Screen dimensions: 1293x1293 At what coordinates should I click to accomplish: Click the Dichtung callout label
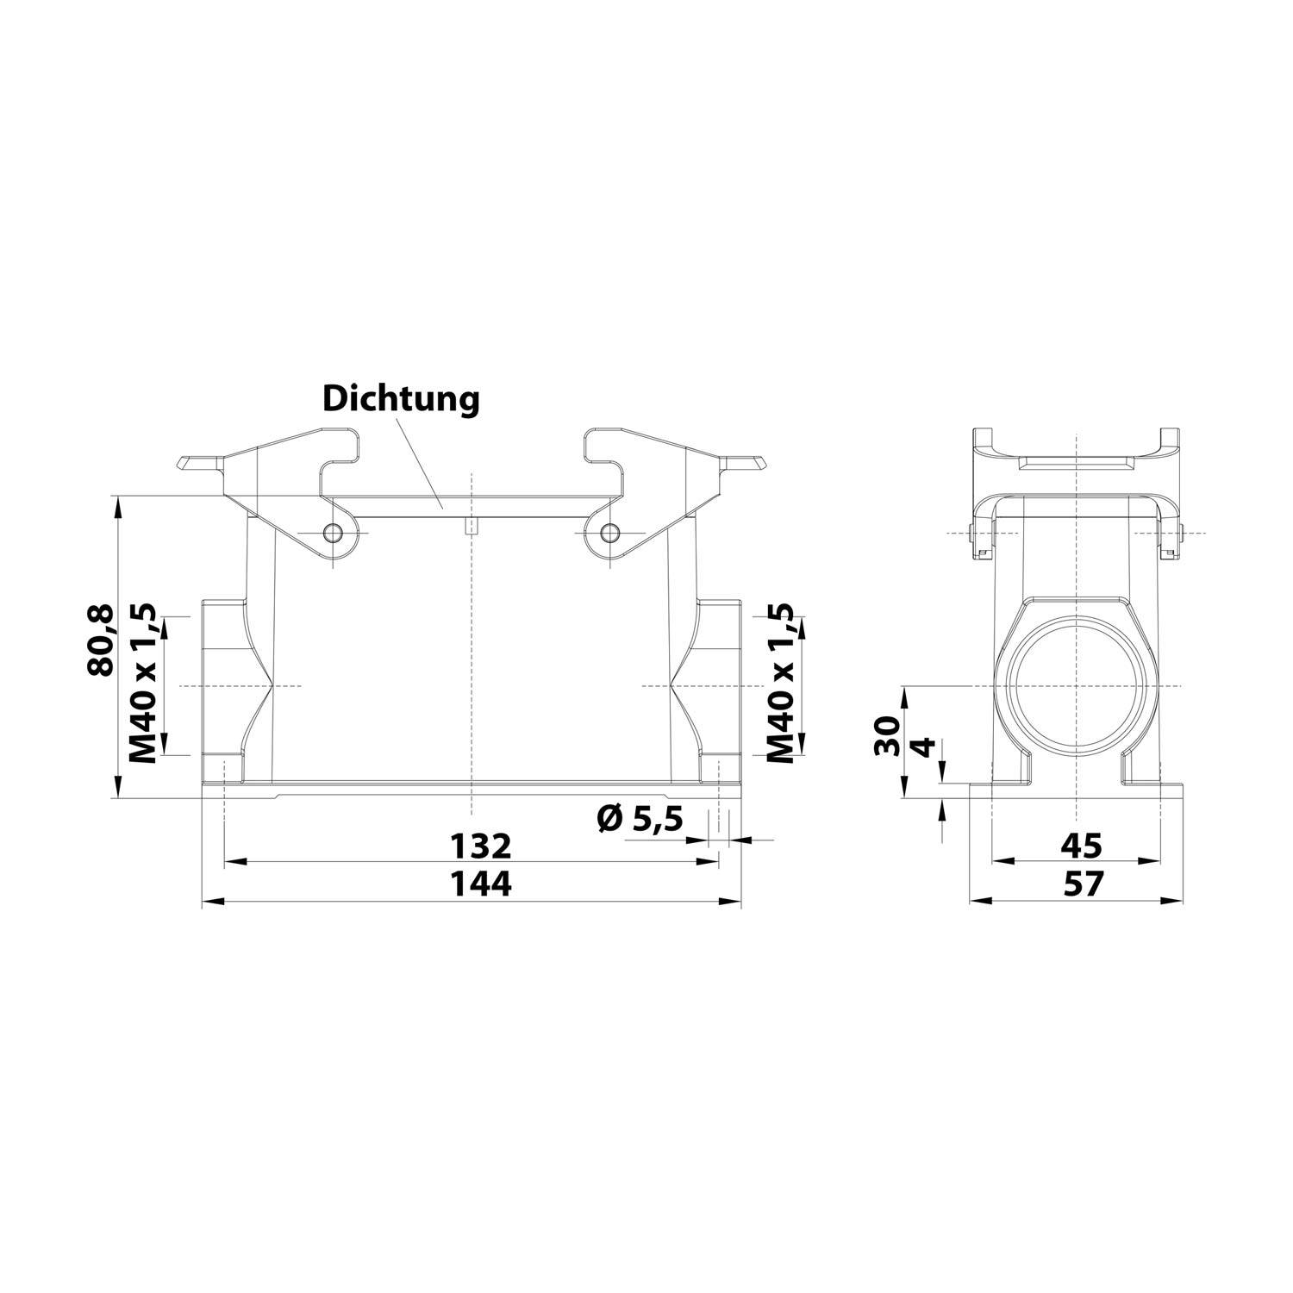[x=400, y=399]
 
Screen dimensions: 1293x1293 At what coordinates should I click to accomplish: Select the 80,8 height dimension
[x=103, y=640]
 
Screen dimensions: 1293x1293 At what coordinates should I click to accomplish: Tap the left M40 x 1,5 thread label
[x=142, y=684]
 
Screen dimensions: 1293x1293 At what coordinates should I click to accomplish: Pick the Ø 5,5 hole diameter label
[x=639, y=817]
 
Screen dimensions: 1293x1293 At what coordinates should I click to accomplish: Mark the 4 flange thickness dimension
[x=922, y=746]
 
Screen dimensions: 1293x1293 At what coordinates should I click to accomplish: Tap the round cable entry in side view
[x=1077, y=686]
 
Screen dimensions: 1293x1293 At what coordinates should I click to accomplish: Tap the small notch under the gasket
[x=471, y=528]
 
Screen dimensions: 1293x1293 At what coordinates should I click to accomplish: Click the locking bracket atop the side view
[x=1076, y=457]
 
